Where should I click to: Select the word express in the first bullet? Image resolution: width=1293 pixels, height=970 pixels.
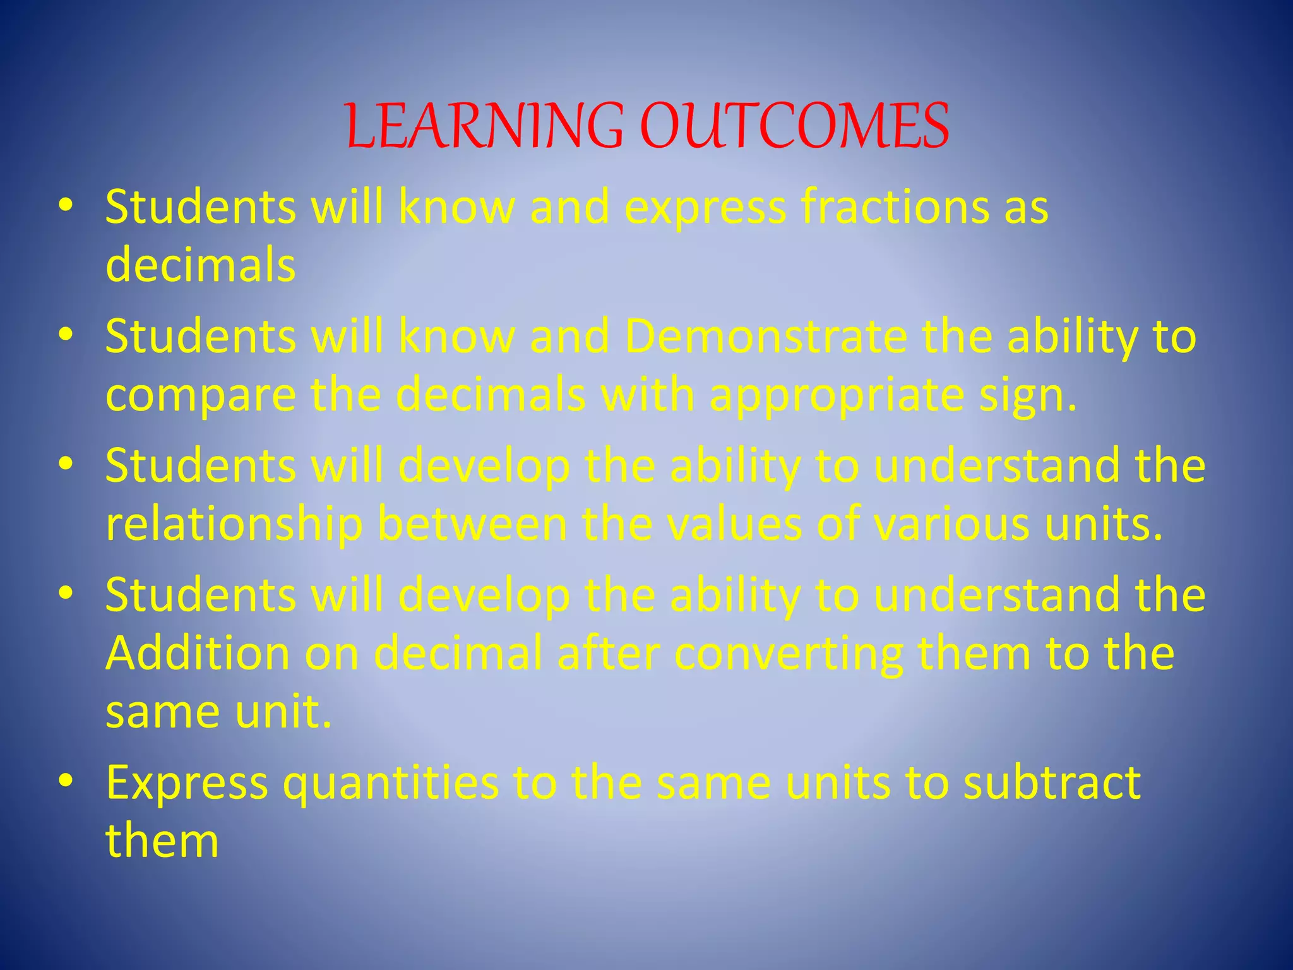click(x=705, y=208)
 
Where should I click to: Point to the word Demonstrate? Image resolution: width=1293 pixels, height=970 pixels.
click(x=765, y=336)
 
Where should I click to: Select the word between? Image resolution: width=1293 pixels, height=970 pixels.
click(x=472, y=524)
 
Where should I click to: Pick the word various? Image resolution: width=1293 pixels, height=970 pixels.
click(x=951, y=524)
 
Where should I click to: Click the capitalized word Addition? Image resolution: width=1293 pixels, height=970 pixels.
click(x=198, y=653)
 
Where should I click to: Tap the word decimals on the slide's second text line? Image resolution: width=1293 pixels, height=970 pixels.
click(x=201, y=265)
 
